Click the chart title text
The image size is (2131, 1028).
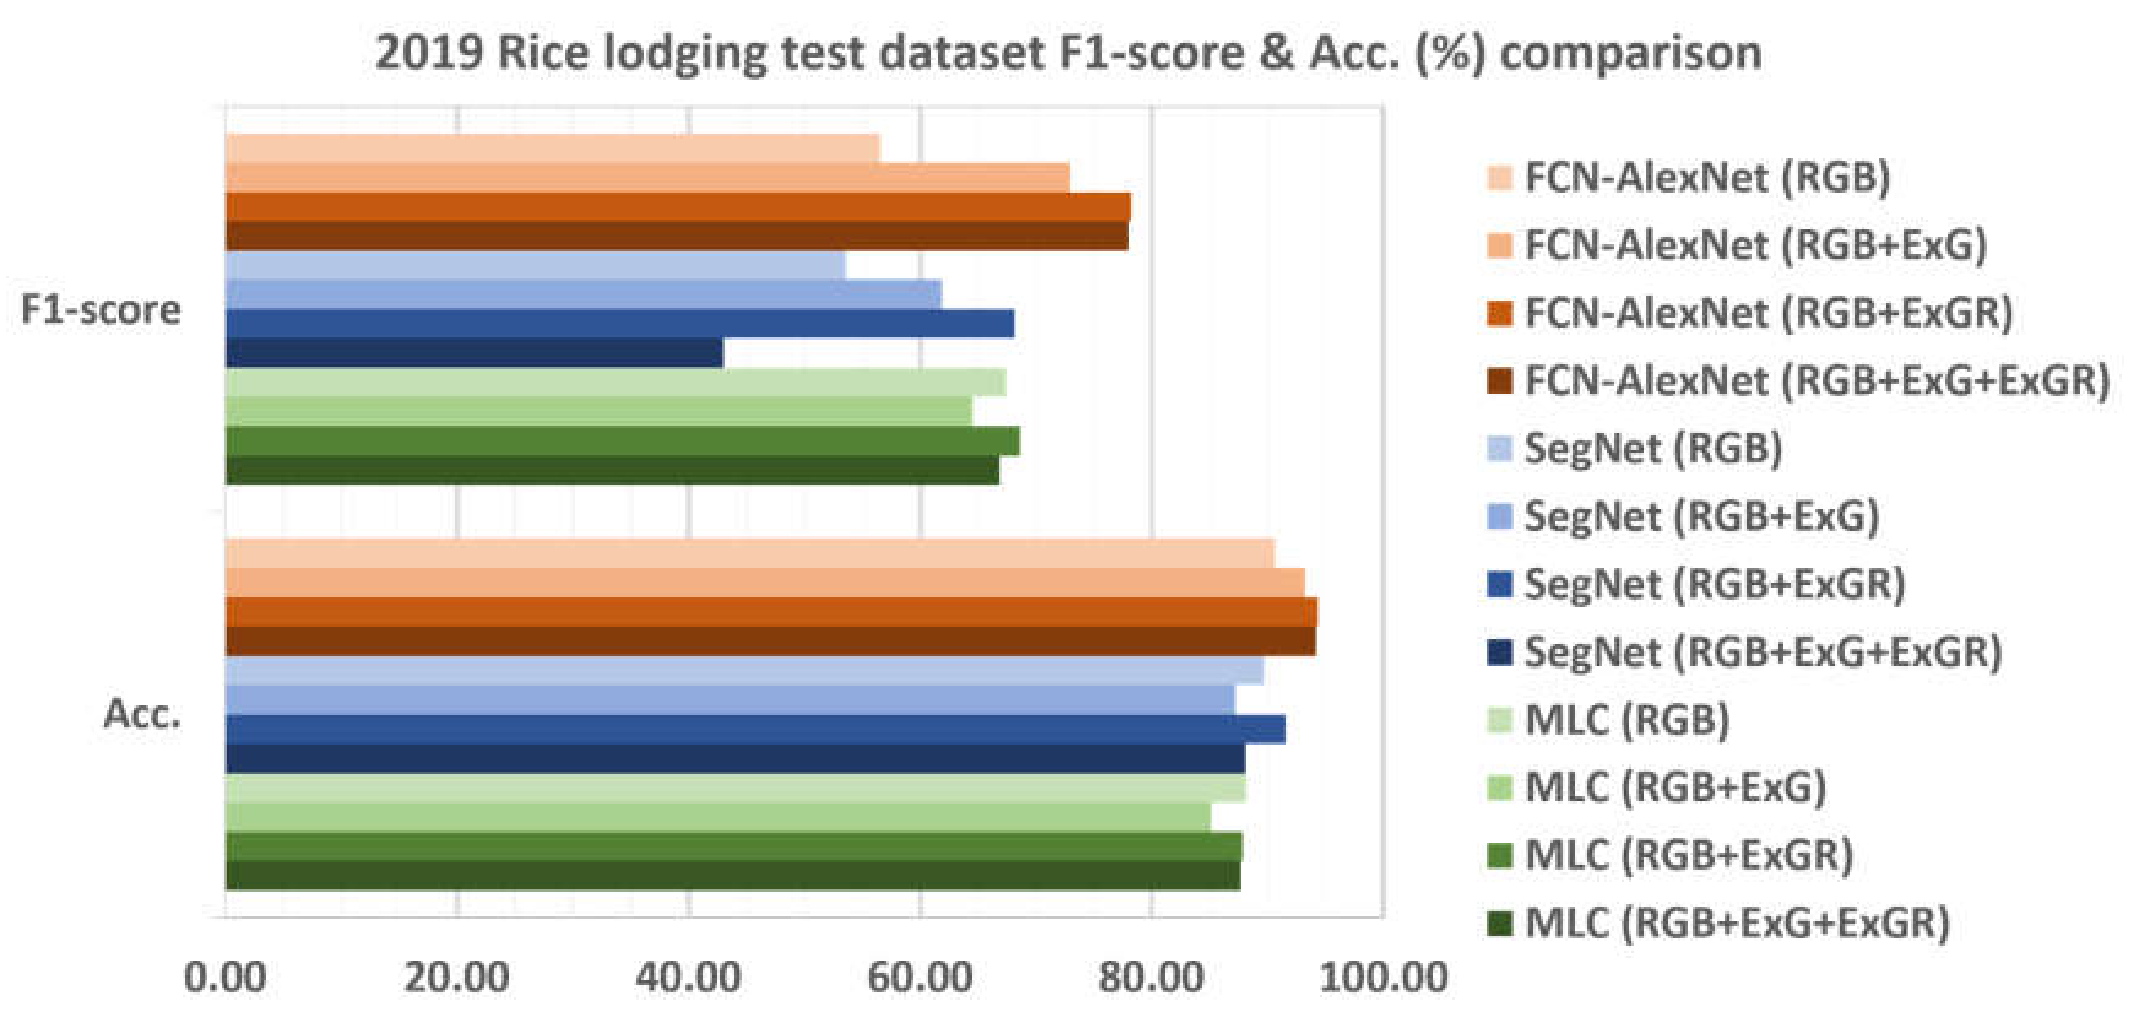click(x=1067, y=53)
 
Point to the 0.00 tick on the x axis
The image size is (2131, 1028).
click(x=225, y=978)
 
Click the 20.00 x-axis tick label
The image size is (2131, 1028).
click(x=456, y=978)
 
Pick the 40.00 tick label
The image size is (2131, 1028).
click(x=688, y=978)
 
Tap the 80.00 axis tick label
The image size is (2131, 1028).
click(x=1151, y=978)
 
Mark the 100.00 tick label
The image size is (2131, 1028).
click(x=1383, y=978)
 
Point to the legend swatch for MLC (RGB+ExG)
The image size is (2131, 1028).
click(x=1500, y=787)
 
